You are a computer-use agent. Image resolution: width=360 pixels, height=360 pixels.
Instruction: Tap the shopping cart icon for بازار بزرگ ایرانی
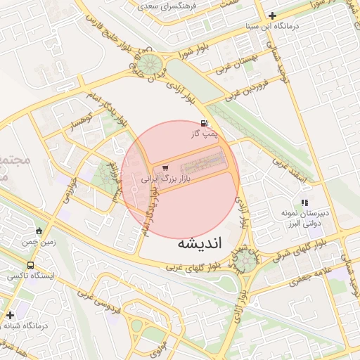[x=165, y=168]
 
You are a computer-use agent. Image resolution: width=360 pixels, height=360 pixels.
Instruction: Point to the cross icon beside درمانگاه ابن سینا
[x=273, y=15]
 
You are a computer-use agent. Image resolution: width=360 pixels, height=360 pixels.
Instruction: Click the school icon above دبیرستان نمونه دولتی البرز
[x=304, y=202]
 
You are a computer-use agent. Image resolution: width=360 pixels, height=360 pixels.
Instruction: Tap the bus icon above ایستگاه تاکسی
[x=30, y=265]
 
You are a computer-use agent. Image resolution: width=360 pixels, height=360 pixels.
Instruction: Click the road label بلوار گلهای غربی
[x=192, y=267]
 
